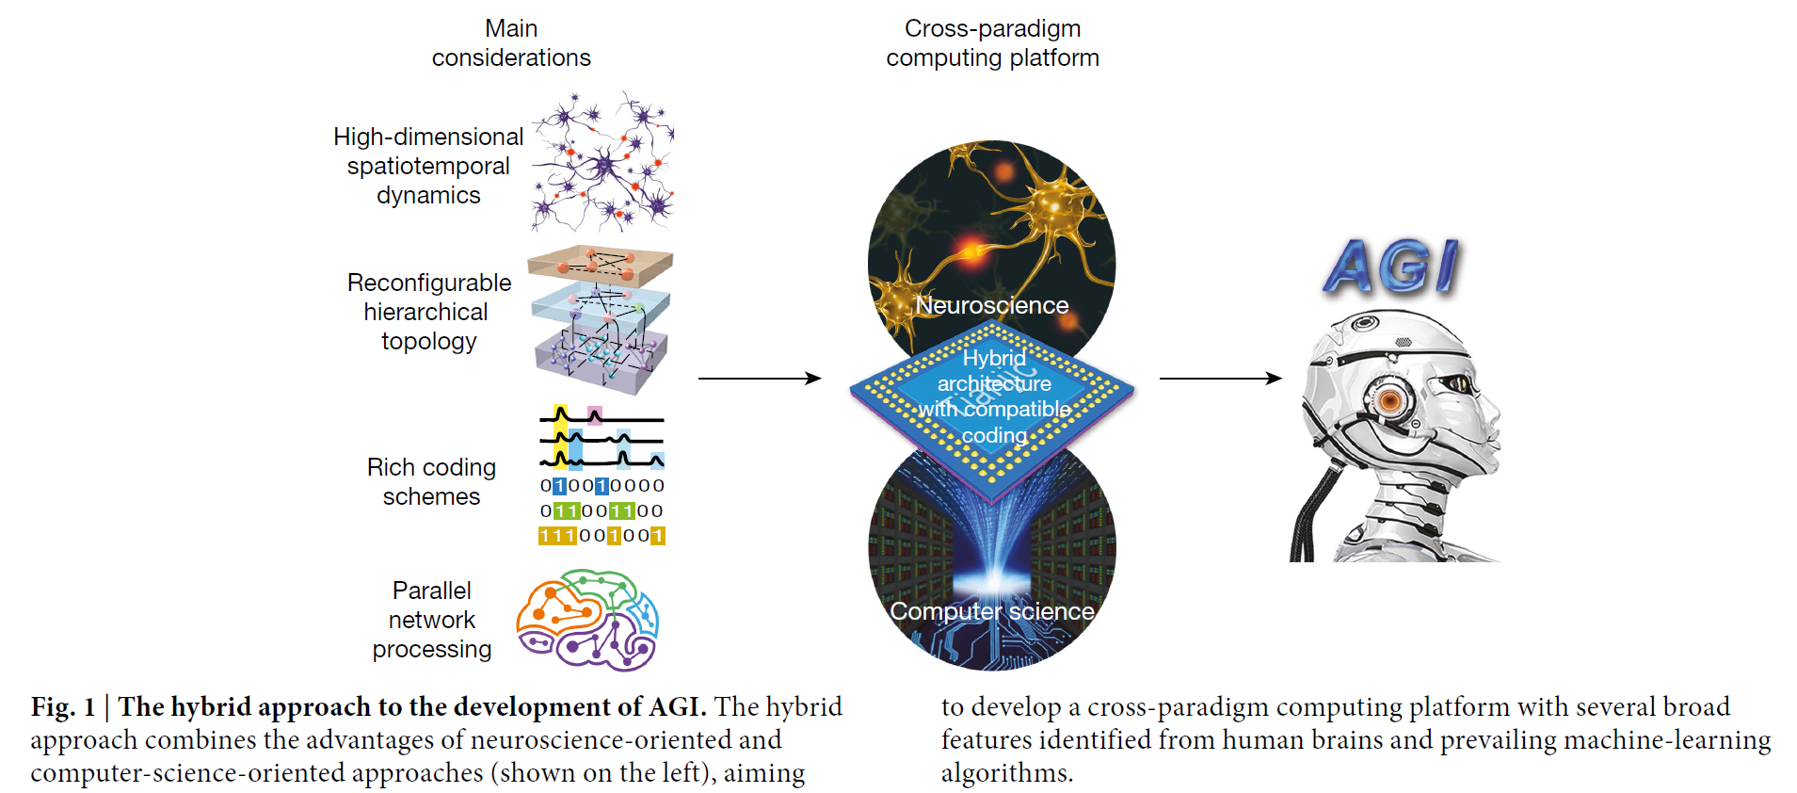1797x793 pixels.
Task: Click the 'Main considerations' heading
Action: tap(511, 43)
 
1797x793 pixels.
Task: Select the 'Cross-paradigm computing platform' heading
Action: tap(992, 43)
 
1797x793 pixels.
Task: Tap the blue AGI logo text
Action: tap(1391, 267)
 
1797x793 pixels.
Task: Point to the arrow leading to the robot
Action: tap(1220, 379)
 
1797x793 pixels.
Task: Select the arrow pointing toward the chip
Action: tap(759, 379)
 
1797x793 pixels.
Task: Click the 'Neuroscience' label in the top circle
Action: tap(992, 305)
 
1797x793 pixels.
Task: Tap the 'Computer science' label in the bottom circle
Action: tap(992, 611)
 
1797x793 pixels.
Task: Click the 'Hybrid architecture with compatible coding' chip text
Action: tap(994, 396)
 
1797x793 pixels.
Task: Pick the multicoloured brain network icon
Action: tap(587, 620)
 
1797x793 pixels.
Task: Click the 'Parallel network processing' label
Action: tap(432, 620)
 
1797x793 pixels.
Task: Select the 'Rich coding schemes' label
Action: tap(431, 481)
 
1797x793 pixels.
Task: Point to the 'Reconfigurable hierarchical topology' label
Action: tap(429, 312)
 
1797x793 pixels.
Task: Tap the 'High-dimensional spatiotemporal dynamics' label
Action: tap(428, 166)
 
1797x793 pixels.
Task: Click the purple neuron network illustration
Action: tap(602, 162)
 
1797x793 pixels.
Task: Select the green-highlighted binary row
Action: tap(602, 510)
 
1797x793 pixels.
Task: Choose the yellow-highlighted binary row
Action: tap(602, 536)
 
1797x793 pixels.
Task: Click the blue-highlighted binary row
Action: tap(602, 486)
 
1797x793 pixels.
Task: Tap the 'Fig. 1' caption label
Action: tap(63, 707)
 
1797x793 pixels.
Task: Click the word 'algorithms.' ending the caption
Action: tap(1006, 773)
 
